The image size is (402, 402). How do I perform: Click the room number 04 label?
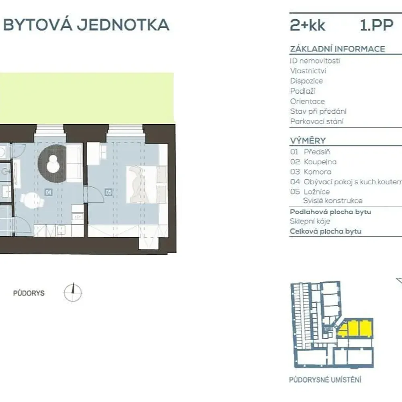tap(49, 193)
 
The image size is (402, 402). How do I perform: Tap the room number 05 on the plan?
tap(109, 193)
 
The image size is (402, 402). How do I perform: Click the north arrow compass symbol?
tap(73, 292)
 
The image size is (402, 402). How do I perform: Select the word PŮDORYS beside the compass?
tap(29, 293)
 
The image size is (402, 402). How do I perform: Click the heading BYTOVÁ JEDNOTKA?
tap(86, 25)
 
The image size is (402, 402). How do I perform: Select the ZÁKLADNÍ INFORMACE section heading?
tap(337, 49)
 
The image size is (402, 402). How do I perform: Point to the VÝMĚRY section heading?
tap(308, 141)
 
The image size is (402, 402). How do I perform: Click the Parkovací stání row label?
tap(317, 121)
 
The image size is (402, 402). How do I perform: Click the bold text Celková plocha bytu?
tap(325, 231)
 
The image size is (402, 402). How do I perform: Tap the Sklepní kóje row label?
tap(310, 222)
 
